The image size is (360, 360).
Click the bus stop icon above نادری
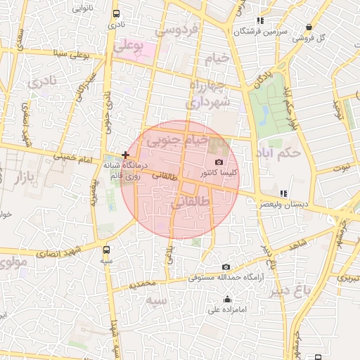click(x=116, y=13)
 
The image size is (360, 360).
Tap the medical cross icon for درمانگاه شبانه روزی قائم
click(x=125, y=154)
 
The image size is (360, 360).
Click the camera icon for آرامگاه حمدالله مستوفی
click(x=226, y=267)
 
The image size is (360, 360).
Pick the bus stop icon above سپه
click(x=106, y=249)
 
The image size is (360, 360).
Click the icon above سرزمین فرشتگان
click(x=261, y=20)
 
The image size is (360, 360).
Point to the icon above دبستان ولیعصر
click(x=283, y=193)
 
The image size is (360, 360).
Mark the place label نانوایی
click(x=82, y=8)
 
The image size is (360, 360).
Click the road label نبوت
click(x=342, y=167)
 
